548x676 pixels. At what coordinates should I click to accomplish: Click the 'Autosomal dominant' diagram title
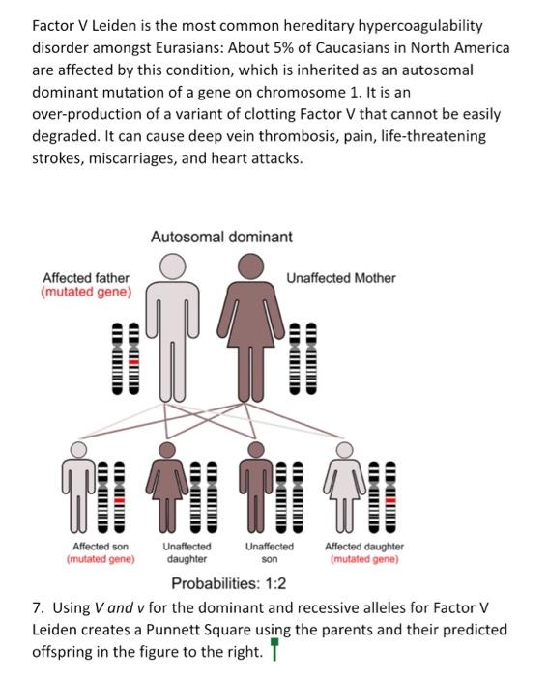click(x=221, y=237)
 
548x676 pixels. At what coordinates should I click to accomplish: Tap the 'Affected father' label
click(x=86, y=278)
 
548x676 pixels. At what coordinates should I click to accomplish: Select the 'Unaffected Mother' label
click(x=341, y=278)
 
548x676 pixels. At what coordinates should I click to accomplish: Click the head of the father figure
click(x=173, y=267)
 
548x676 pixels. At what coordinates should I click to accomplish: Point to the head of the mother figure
click(x=251, y=266)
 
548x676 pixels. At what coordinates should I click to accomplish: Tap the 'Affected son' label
click(x=100, y=546)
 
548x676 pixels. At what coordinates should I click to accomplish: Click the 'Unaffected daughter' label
click(x=187, y=552)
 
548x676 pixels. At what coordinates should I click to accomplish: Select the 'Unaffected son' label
click(x=270, y=552)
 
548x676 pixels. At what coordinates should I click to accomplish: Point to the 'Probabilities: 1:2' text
click(x=228, y=583)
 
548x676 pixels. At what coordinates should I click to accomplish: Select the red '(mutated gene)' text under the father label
click(x=86, y=293)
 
